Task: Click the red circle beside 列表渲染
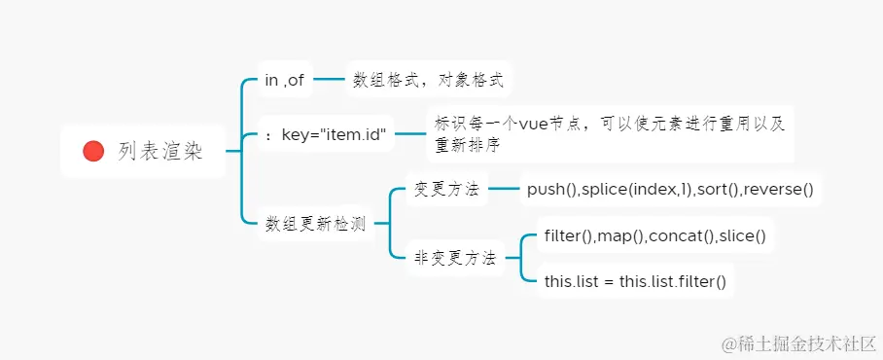(93, 151)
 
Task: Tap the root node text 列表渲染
(160, 151)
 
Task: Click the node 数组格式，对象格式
(428, 80)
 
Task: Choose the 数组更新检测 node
(315, 223)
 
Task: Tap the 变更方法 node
(446, 189)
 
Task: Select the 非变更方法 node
(455, 258)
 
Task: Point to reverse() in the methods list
(779, 189)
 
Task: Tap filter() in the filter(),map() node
(569, 235)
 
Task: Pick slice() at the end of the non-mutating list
(742, 235)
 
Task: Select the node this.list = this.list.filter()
(635, 281)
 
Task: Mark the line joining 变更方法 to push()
(503, 189)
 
